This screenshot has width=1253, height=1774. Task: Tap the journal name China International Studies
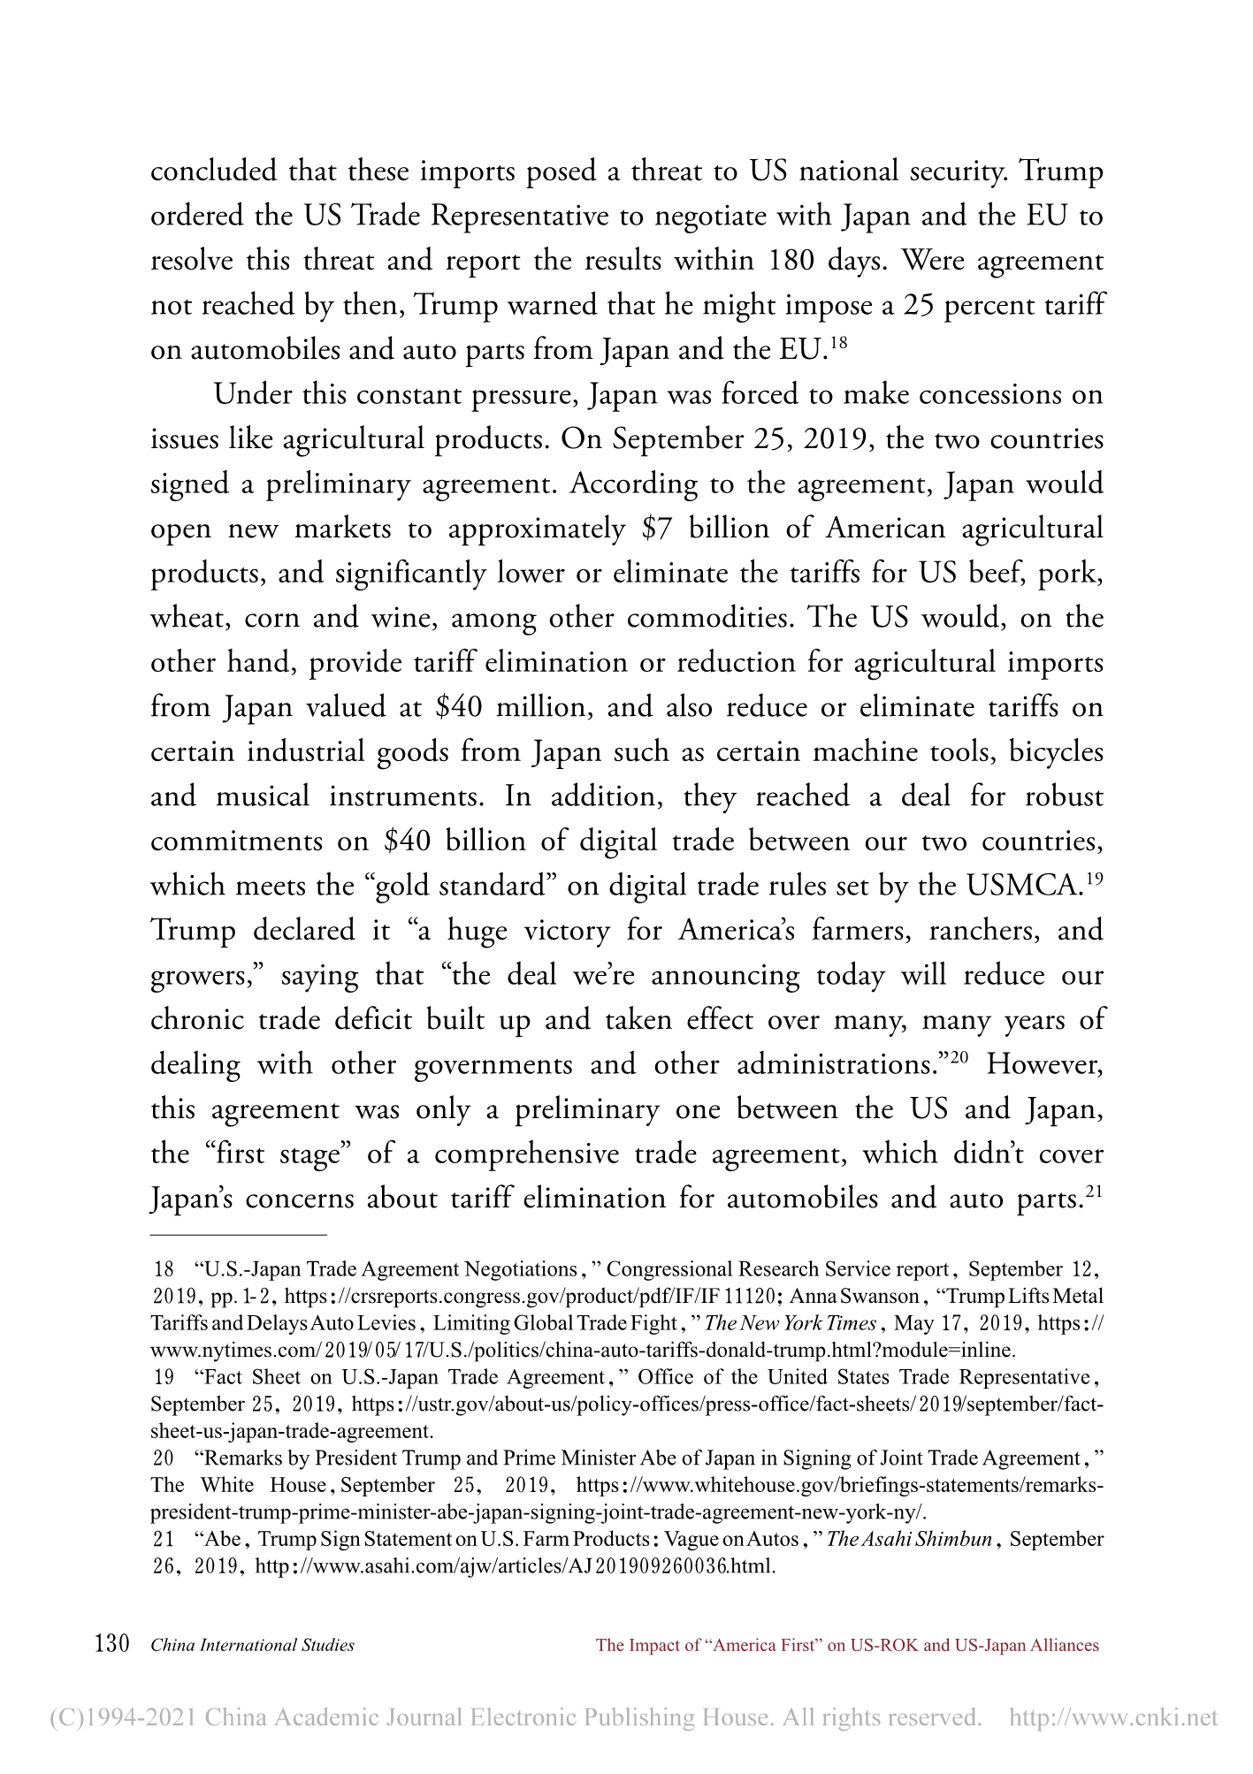(x=253, y=1646)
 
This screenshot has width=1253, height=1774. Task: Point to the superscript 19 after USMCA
(x=1094, y=879)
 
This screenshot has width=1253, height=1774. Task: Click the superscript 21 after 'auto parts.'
(x=1093, y=1192)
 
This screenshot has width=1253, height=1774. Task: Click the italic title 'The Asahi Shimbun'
(x=909, y=1539)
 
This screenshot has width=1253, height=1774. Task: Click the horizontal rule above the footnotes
(x=239, y=1234)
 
